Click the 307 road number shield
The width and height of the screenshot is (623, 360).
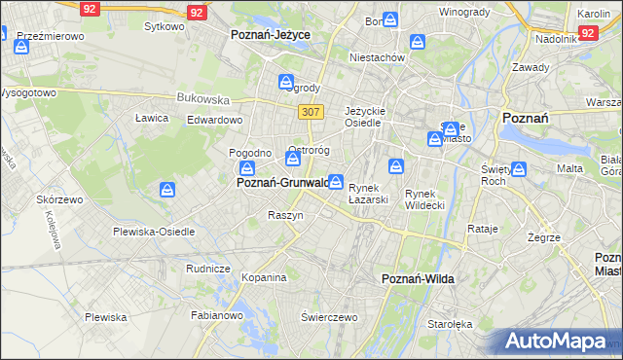click(311, 112)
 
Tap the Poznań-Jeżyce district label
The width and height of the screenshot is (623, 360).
click(270, 34)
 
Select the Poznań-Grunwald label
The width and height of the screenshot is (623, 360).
click(282, 182)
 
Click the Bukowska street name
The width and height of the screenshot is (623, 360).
click(202, 98)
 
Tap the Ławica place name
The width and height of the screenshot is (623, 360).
click(152, 118)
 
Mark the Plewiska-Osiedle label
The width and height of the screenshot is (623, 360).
click(154, 232)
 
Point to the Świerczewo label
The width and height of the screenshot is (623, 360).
click(330, 317)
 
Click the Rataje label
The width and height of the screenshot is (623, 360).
click(483, 230)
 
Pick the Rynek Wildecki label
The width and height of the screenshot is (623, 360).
click(424, 199)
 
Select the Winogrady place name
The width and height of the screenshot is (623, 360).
click(464, 13)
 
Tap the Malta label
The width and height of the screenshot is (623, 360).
click(569, 168)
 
